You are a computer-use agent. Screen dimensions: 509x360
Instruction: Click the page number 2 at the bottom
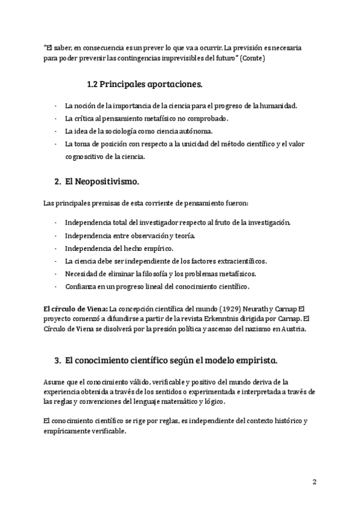(x=314, y=481)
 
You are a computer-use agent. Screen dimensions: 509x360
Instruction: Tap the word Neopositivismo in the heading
(x=105, y=181)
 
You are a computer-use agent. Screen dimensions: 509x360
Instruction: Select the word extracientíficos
(x=234, y=261)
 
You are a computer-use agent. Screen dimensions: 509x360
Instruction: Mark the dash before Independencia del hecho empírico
(x=56, y=248)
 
